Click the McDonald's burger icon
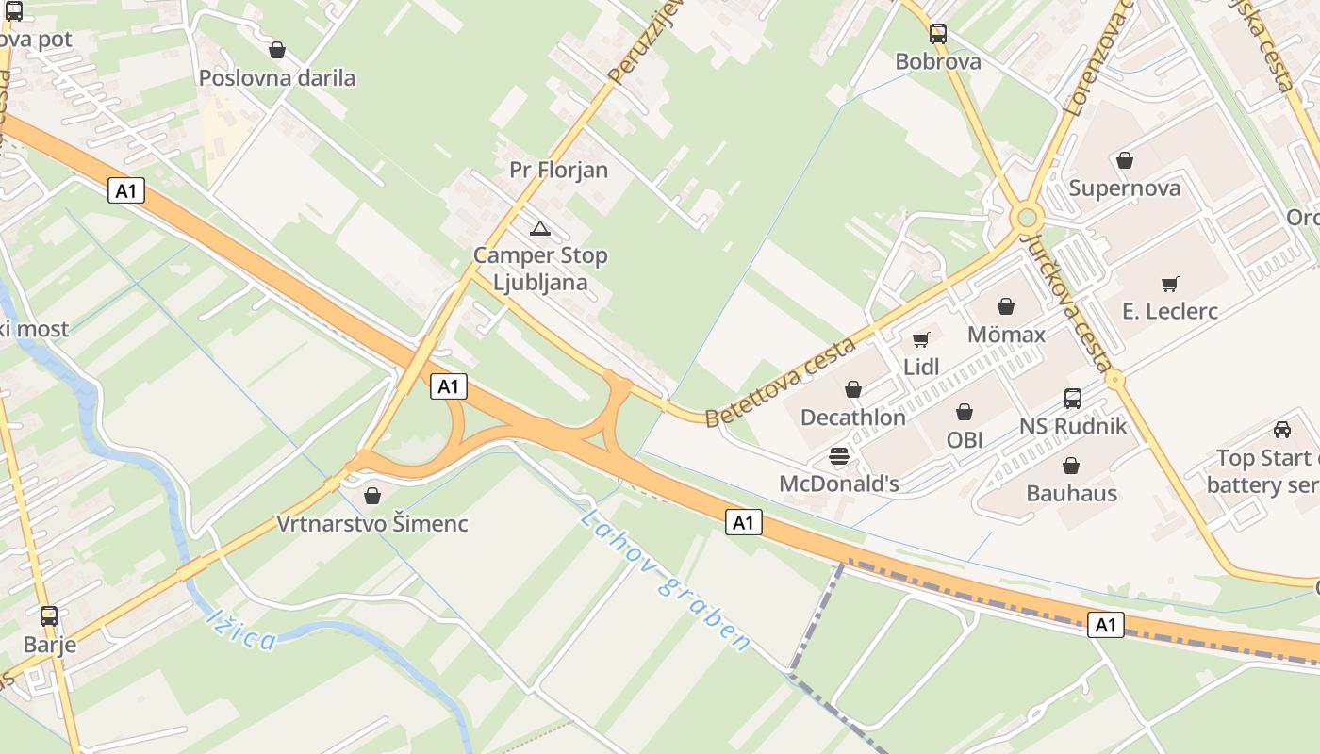coord(838,457)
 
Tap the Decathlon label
coord(852,417)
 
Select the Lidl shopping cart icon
coord(921,340)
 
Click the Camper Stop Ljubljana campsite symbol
coord(539,228)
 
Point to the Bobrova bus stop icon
coord(937,34)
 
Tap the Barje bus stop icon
coord(49,616)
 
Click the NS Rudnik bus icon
coord(1073,399)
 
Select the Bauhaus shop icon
coord(1071,466)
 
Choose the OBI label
coord(965,439)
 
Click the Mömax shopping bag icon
coord(1006,306)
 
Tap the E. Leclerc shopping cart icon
coord(1170,284)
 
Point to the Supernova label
coord(1124,188)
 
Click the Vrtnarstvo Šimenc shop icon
coord(372,496)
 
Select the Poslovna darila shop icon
coord(277,50)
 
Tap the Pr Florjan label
coord(558,170)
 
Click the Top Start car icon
coord(1281,430)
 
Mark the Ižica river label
coord(241,630)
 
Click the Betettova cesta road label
coord(781,381)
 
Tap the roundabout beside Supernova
coord(1026,219)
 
